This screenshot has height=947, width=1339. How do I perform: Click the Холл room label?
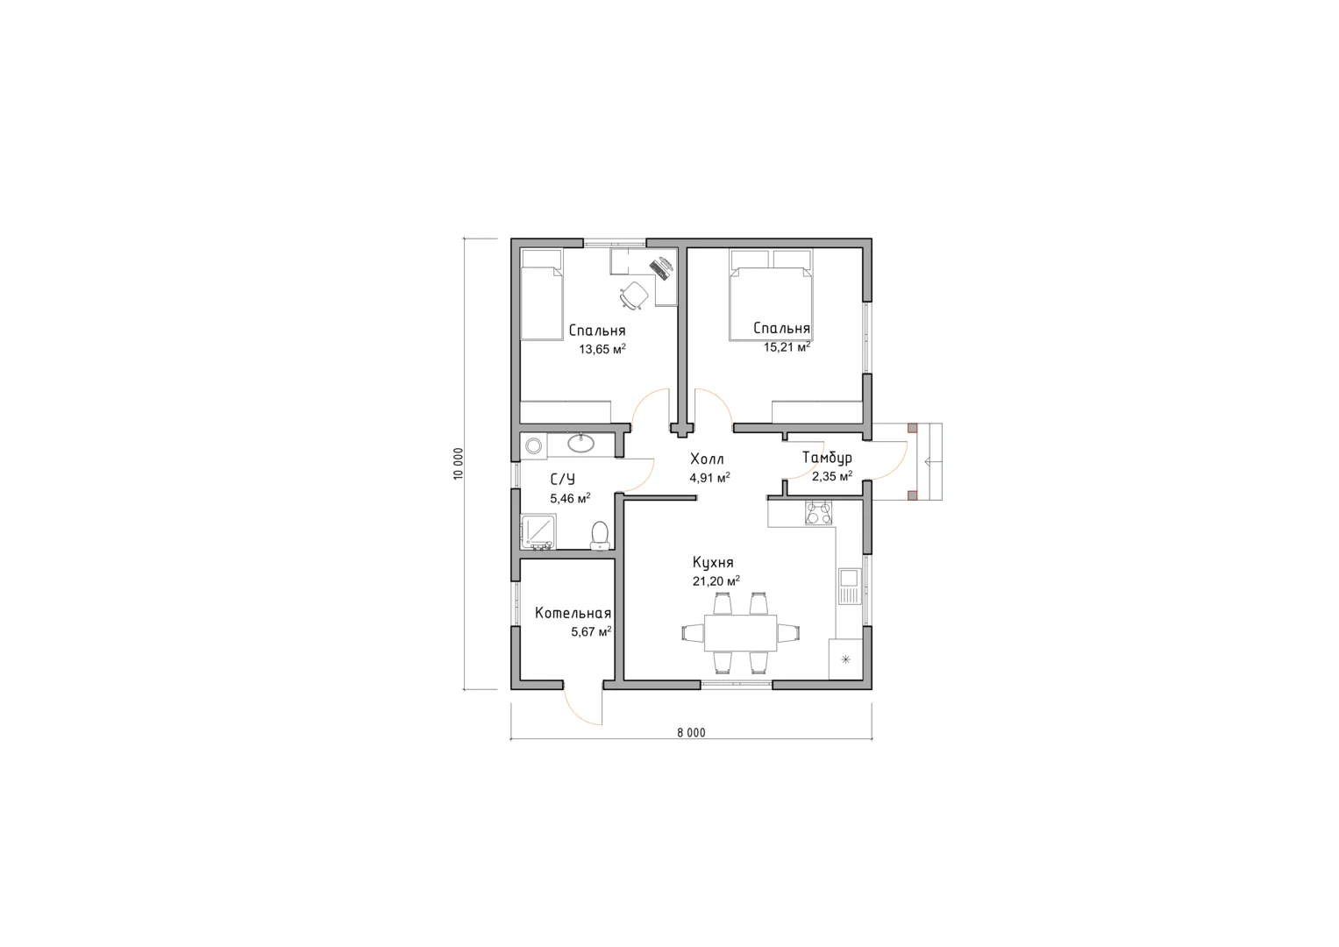(707, 459)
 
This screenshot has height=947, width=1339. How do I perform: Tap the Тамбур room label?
(827, 458)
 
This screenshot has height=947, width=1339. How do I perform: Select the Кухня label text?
(713, 563)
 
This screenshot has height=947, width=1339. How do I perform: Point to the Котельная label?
(573, 613)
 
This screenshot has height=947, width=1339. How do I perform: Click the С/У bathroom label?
(562, 480)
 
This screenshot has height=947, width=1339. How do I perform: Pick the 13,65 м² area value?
(602, 349)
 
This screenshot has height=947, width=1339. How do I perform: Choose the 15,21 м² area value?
(787, 346)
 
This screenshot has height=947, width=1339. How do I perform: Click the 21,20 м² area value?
(716, 581)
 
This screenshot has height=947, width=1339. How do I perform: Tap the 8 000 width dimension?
(692, 733)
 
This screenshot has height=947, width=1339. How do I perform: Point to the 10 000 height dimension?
(459, 463)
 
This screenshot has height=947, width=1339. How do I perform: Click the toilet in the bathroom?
(600, 536)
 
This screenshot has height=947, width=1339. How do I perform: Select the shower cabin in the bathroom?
(538, 532)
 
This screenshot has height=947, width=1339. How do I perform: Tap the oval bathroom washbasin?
(580, 443)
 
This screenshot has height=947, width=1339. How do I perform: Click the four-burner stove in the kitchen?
(818, 514)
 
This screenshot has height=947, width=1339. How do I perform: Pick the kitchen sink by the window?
(850, 586)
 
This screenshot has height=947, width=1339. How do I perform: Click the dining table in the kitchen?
(741, 632)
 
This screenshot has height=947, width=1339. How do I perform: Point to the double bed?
(771, 295)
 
